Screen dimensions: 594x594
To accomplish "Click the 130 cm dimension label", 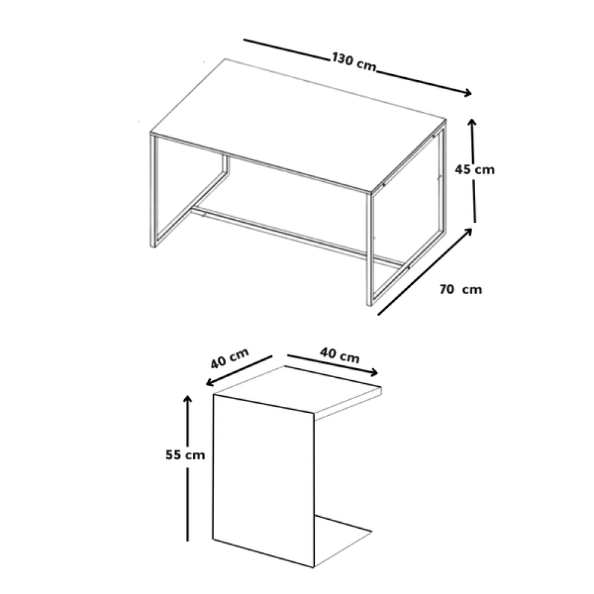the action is [x=354, y=62].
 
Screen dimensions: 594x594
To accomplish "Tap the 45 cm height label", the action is [x=475, y=169].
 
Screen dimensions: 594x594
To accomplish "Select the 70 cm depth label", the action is [x=461, y=289].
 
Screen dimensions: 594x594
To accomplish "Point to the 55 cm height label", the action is [x=185, y=454].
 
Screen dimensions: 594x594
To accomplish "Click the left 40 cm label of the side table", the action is [x=230, y=358].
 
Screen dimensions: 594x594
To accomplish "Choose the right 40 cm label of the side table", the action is [x=339, y=356].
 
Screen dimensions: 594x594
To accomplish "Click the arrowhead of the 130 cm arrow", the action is [x=467, y=93].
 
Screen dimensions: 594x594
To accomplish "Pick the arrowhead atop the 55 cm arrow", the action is [x=187, y=399].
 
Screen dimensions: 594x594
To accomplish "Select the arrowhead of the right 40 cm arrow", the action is [x=374, y=373].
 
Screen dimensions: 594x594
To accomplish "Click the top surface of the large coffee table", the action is [x=298, y=125].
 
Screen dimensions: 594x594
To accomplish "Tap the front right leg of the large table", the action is [x=369, y=249].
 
